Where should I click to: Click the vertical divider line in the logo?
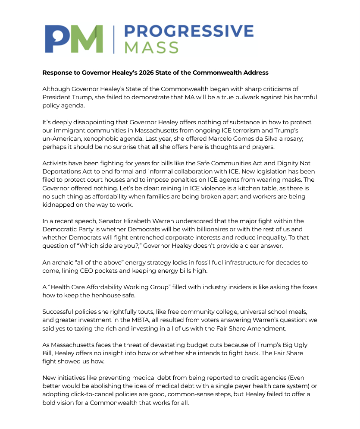click(114, 39)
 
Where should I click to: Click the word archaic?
click(63, 262)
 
